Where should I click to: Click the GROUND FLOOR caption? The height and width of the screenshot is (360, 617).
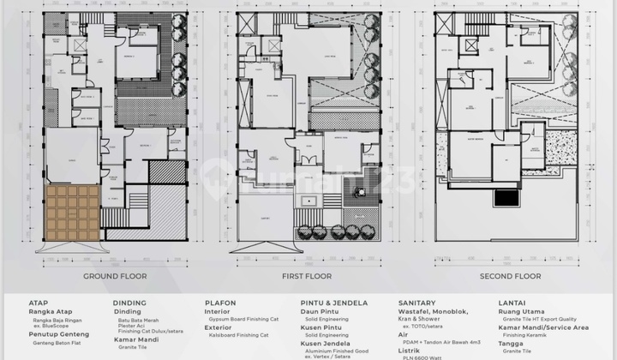pos(115,276)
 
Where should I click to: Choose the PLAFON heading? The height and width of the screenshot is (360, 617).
pos(221,303)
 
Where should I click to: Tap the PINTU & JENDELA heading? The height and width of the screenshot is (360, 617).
pos(334,303)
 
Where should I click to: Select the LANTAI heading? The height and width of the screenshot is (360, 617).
pos(515,303)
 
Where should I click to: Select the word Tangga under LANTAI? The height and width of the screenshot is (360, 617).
pos(512,344)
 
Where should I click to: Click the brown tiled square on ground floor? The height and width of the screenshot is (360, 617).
pos(72,213)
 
